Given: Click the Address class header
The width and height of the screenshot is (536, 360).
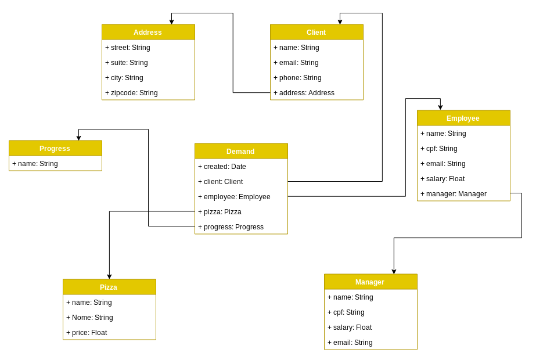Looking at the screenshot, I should click(148, 32).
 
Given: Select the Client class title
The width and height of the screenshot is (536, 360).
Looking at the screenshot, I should click(316, 32).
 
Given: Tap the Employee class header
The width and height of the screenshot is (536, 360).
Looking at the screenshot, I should click(463, 118).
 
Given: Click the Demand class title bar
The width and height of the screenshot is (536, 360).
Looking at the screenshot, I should click(241, 151).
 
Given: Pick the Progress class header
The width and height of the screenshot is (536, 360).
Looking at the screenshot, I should click(55, 148).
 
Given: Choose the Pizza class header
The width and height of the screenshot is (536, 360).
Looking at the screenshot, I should click(109, 287).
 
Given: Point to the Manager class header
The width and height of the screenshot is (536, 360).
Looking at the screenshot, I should click(370, 282).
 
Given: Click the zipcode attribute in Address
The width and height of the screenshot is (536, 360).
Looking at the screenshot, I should click(132, 93).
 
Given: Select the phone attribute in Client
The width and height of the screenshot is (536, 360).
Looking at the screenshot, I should click(298, 78).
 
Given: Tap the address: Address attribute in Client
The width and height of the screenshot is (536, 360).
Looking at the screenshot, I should click(304, 93).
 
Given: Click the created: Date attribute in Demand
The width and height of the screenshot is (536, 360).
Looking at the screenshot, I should click(222, 167).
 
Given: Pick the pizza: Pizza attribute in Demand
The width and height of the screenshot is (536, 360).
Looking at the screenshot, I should click(220, 212).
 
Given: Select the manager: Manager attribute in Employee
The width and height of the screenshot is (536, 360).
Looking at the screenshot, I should click(454, 194).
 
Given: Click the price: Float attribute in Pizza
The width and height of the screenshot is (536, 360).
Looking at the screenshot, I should click(87, 333).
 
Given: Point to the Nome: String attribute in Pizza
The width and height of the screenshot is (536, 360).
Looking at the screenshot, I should click(90, 318).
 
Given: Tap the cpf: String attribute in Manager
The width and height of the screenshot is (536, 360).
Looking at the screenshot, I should click(347, 312).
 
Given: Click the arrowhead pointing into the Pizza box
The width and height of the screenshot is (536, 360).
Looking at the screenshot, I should click(109, 276).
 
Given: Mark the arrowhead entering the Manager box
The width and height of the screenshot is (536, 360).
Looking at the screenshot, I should click(394, 271).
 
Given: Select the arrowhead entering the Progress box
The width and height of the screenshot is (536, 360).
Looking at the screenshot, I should click(78, 138).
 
